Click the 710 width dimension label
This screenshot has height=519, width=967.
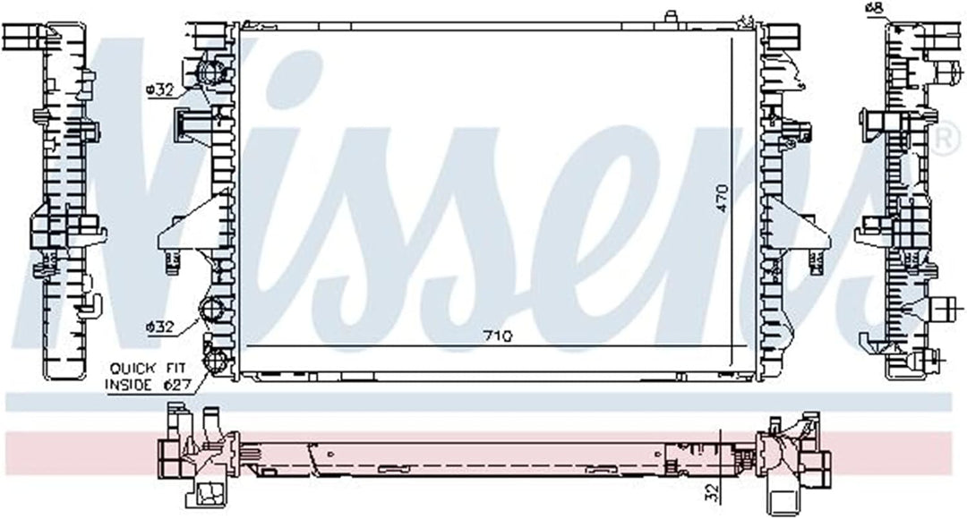[498, 336]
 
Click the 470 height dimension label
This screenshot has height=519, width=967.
[723, 199]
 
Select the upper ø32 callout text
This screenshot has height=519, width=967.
[159, 90]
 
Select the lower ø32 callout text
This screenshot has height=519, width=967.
[159, 328]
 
